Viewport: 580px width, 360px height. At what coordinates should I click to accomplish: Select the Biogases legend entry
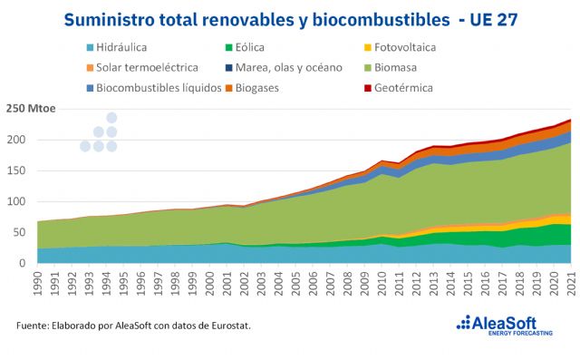270,88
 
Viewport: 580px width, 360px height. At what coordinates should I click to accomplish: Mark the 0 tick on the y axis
26,263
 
